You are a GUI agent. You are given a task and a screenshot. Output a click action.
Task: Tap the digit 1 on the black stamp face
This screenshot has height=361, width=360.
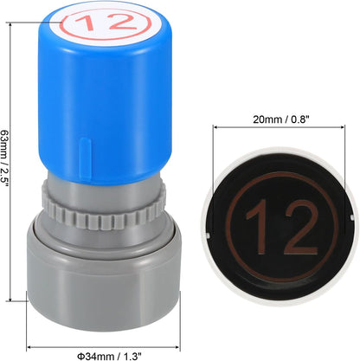[258, 227]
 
